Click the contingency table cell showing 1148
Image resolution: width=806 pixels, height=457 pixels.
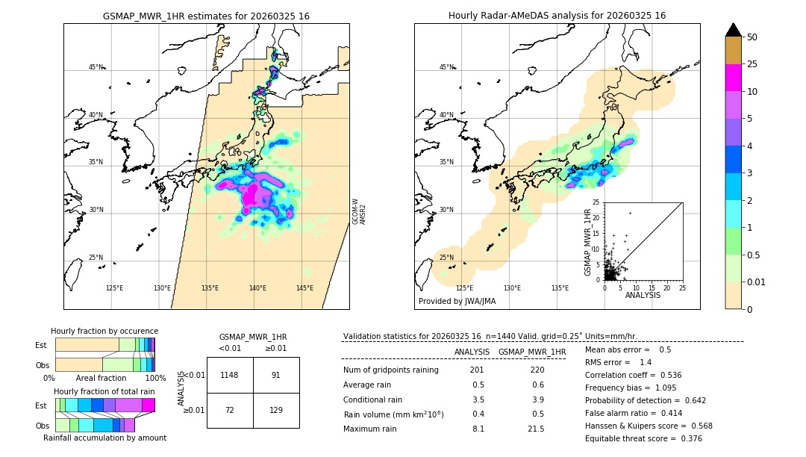coord(230,375)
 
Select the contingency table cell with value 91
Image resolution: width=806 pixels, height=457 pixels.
coord(275,375)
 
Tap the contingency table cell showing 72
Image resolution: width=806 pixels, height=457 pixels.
coord(230,411)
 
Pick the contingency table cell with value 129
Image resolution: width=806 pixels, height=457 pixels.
coord(275,411)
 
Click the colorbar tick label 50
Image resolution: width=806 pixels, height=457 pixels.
coord(752,37)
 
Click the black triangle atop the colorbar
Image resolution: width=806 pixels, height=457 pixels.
coord(734,30)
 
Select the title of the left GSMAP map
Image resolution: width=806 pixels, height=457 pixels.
coord(206,16)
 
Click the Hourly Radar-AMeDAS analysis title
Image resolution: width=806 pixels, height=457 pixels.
coord(557,16)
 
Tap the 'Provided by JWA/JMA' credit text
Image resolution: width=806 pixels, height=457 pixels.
coord(457,301)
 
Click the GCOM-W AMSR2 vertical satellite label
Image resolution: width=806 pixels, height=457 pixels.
coord(359,211)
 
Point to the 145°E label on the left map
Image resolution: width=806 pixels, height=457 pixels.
coord(304,288)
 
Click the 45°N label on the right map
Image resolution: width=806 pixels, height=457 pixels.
coord(446,67)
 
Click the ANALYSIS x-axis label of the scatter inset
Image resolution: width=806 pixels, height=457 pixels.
coord(643,295)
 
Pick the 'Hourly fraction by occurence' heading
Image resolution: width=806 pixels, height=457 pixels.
coord(104,331)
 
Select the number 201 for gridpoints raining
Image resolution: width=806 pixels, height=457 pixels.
coord(478,370)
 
